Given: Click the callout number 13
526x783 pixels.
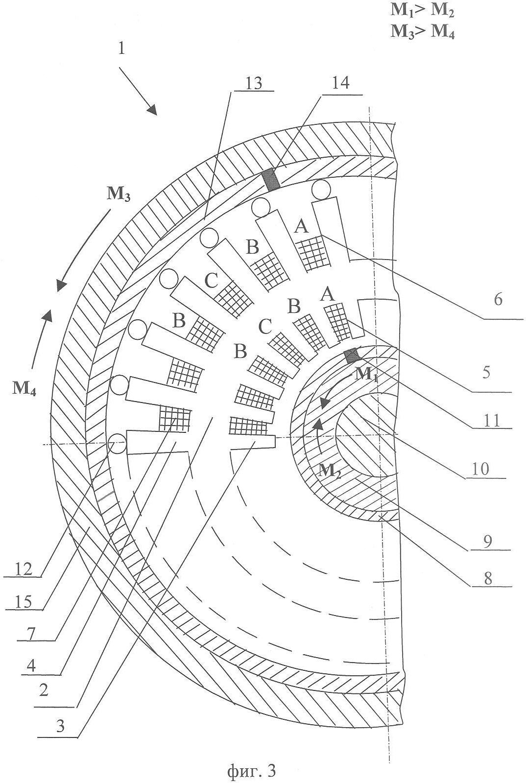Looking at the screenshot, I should pos(254,83).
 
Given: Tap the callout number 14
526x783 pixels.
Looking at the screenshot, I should pos(340,83).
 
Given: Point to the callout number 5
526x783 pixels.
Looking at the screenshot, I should pos(486,373).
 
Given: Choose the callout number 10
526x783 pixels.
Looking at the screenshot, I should pos(480,469).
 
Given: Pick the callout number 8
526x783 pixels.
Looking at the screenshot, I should pos(487,579).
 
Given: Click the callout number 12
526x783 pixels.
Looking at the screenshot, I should pos(23,569).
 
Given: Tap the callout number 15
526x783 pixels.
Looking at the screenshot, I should pos(23,602).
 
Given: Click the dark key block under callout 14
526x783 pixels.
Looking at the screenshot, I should pos(271,179).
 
